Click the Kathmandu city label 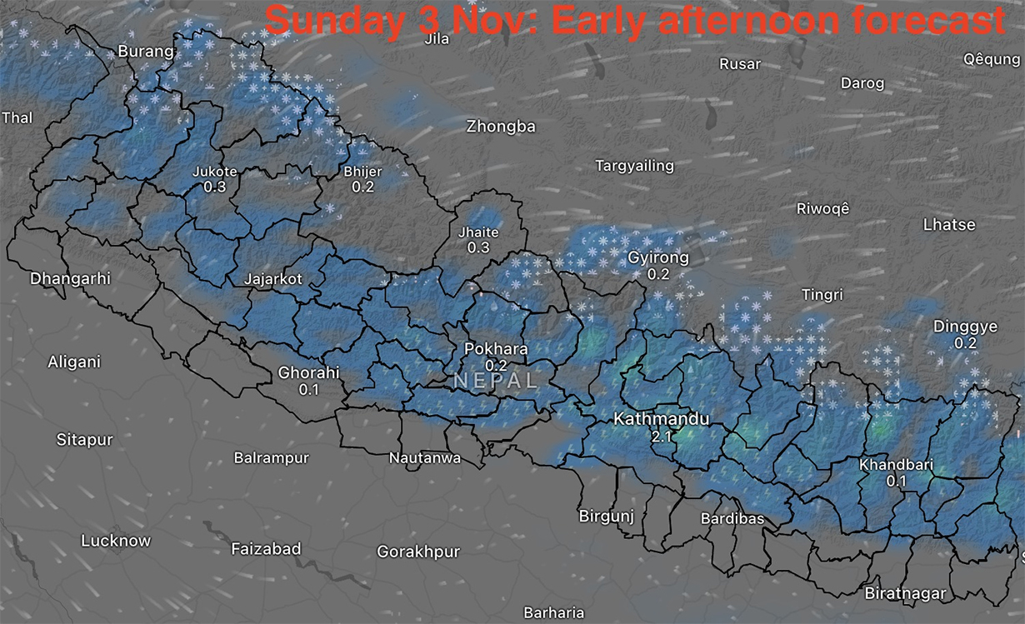click(x=661, y=418)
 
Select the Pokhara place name click(x=496, y=349)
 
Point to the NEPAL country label click(x=495, y=381)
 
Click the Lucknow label click(x=116, y=541)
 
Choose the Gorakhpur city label click(x=418, y=552)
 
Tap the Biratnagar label click(x=905, y=593)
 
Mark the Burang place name click(x=147, y=51)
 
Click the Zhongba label click(x=500, y=127)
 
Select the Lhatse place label click(x=949, y=224)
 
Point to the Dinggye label click(x=965, y=327)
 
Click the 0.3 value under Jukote click(x=215, y=187)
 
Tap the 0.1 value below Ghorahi click(x=308, y=389)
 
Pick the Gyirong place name click(x=658, y=257)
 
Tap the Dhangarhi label click(x=70, y=278)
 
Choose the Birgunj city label click(x=607, y=516)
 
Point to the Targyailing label click(x=634, y=166)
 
